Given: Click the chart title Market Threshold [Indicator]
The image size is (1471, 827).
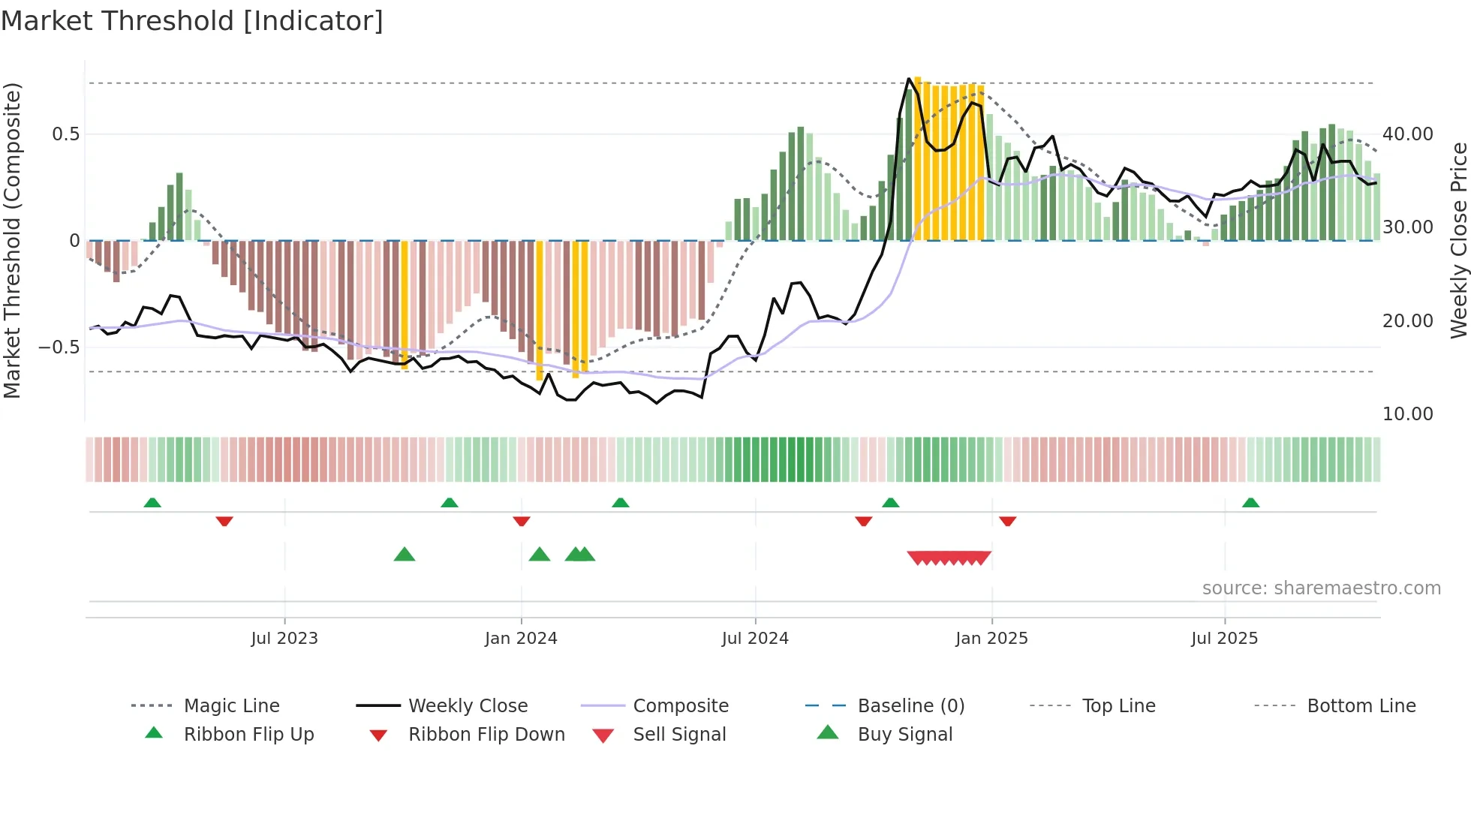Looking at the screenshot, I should tap(192, 21).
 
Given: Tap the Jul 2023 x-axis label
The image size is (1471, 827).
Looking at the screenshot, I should tap(284, 639).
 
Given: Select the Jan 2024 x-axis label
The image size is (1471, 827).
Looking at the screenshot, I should tap(521, 639).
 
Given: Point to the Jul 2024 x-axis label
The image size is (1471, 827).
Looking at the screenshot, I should tap(755, 639).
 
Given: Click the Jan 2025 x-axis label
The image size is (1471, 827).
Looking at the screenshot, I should tap(991, 639).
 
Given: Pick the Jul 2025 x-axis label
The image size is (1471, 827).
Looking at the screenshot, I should tap(1224, 639).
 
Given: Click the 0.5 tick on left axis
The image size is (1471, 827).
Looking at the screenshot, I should tap(65, 134).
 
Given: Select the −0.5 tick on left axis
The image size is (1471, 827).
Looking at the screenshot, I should tap(59, 347).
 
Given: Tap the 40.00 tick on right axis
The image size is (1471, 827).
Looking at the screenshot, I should tap(1407, 134).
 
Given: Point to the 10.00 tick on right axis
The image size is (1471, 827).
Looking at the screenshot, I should tap(1407, 414).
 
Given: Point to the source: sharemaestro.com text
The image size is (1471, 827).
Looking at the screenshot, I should tap(1321, 588).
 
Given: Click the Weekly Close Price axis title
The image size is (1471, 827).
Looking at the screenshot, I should tap(1458, 240).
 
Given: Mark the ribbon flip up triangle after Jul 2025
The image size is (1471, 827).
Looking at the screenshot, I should tap(1250, 503).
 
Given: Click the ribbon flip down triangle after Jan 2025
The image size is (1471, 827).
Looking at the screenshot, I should tap(1007, 521).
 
